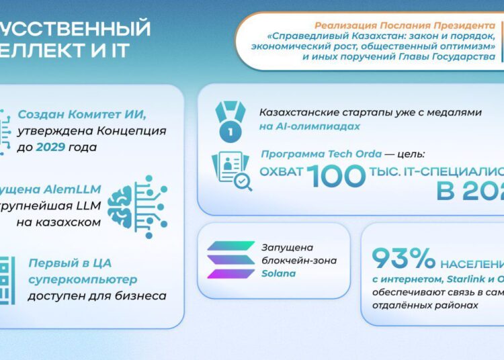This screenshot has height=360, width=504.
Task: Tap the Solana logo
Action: [x=230, y=260]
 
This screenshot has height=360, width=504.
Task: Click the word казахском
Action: [x=69, y=222]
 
